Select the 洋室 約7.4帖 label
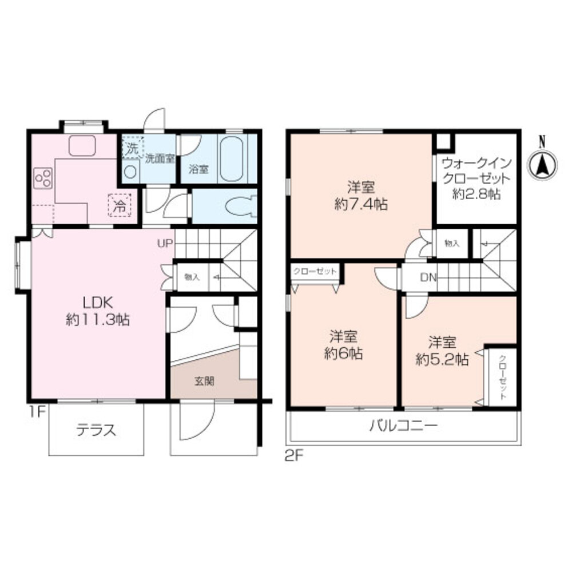(361, 195)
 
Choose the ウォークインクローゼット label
(476, 177)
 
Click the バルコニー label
(403, 426)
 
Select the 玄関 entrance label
(204, 381)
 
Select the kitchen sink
(85, 145)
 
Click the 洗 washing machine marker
(132, 148)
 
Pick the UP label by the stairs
(165, 244)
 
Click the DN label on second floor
(428, 278)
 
